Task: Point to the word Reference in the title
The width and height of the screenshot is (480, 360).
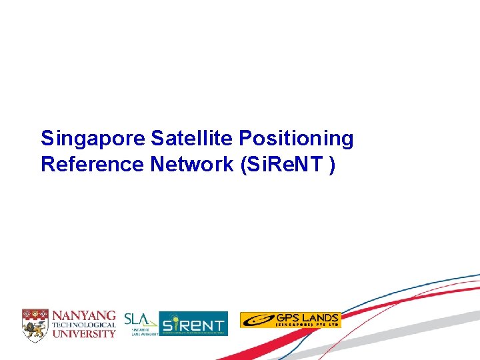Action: click(91, 164)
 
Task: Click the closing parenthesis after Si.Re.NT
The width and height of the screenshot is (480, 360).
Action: click(331, 165)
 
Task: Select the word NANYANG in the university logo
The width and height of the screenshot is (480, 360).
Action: click(85, 315)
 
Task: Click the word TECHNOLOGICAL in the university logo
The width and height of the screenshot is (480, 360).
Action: click(85, 324)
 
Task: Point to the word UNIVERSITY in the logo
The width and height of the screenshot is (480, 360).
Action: click(85, 333)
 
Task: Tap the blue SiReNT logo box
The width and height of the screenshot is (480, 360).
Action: click(193, 323)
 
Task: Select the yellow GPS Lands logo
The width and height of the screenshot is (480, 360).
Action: click(290, 320)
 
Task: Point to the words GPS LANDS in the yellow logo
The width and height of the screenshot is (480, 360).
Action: click(307, 317)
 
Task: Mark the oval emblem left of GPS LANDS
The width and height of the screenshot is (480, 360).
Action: click(257, 321)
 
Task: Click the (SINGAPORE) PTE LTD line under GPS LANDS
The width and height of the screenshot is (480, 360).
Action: click(307, 325)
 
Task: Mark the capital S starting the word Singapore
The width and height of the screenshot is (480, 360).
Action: click(47, 139)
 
